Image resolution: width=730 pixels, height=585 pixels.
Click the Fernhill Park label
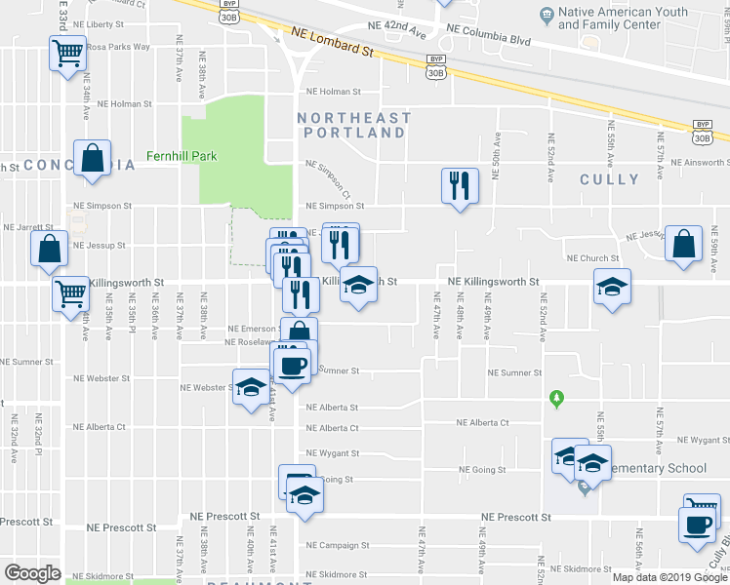pyautogui.click(x=181, y=156)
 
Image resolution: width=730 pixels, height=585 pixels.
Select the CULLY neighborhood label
pyautogui.click(x=609, y=179)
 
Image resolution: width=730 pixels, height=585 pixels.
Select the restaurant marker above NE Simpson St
pyautogui.click(x=459, y=184)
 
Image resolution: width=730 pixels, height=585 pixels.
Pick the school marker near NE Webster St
pyautogui.click(x=250, y=387)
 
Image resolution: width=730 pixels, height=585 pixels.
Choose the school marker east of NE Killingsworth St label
pyautogui.click(x=612, y=287)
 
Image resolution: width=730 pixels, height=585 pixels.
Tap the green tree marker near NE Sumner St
pyautogui.click(x=557, y=398)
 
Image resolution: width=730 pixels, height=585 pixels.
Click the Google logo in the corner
pyautogui.click(x=32, y=572)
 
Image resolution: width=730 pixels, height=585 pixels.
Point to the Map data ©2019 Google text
pyautogui.click(x=670, y=577)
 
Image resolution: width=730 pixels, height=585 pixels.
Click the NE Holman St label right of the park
pyautogui.click(x=333, y=92)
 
